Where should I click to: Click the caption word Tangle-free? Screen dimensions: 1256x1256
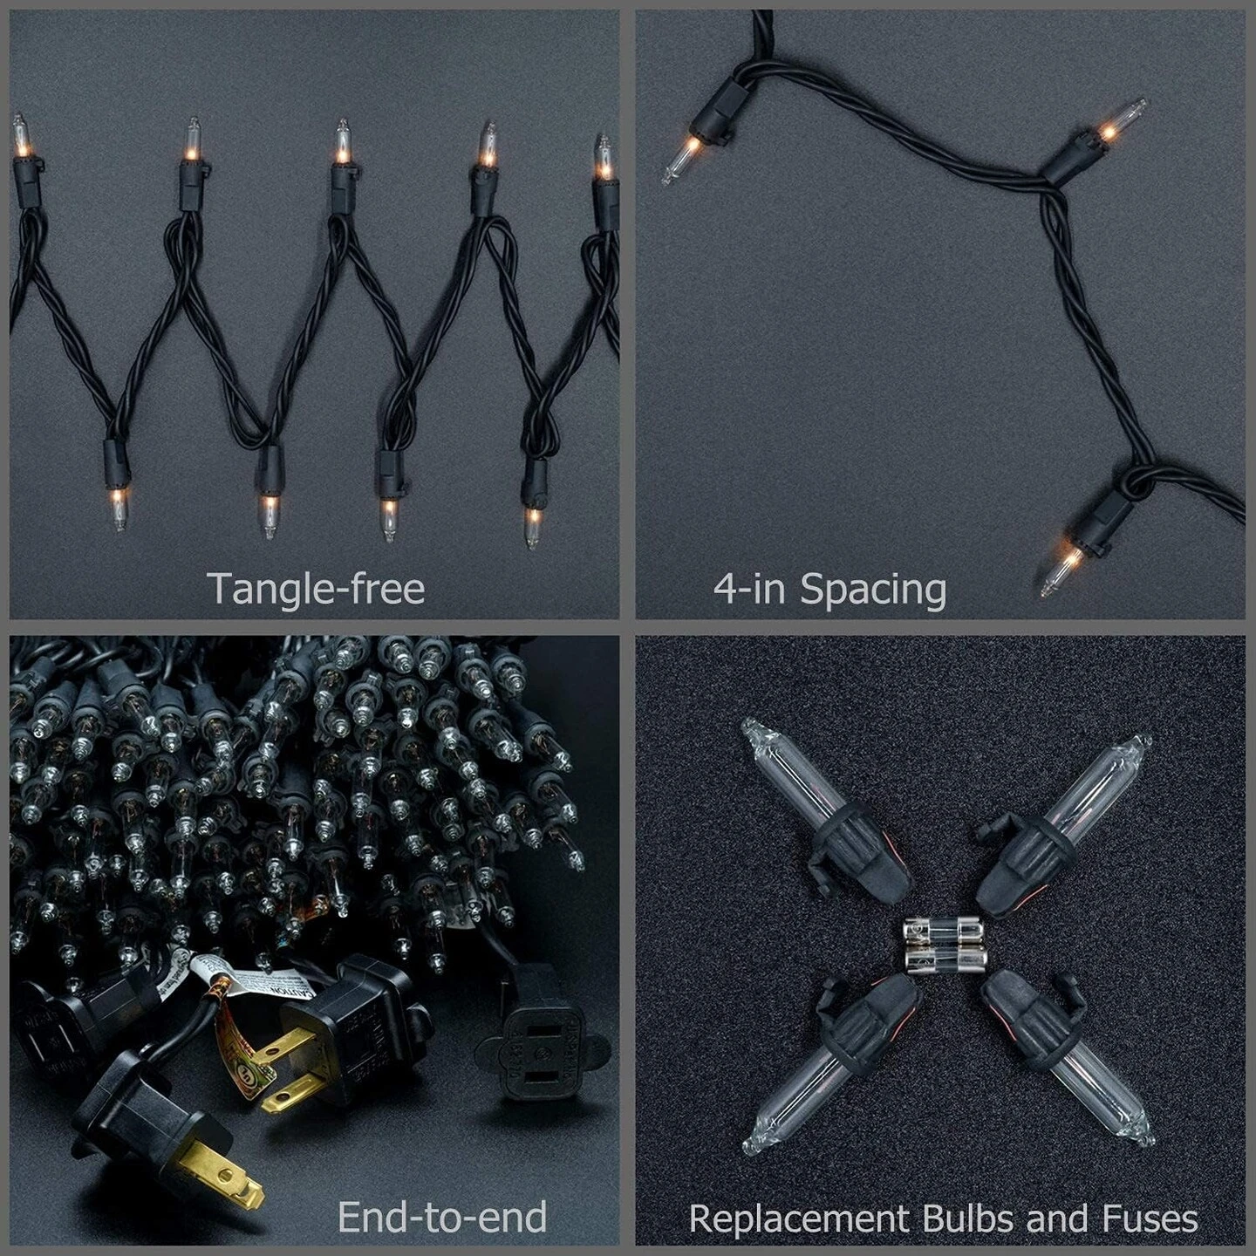point(316,589)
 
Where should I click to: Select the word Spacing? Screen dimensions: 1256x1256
point(873,590)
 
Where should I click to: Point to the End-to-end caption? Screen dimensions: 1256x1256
point(441,1218)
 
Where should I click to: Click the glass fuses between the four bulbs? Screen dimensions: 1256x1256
point(945,944)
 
